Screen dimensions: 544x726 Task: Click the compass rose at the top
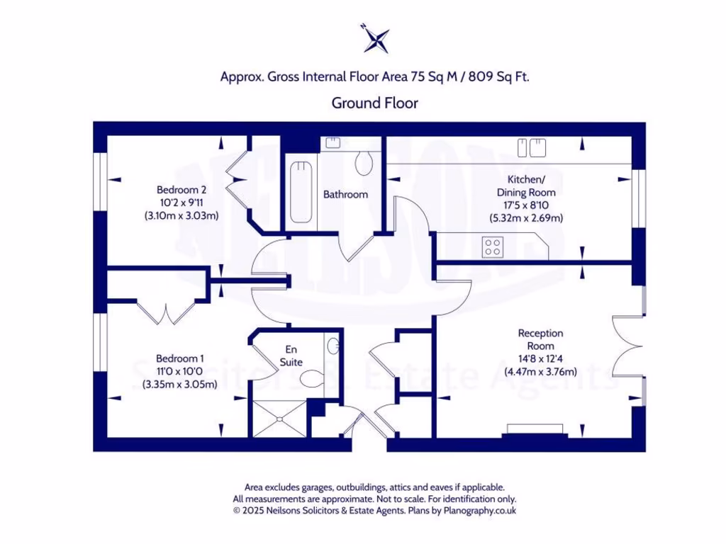coord(376,38)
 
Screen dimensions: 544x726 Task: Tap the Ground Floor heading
coord(375,103)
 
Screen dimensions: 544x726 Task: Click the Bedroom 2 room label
coord(181,190)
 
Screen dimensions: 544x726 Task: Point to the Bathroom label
coord(345,194)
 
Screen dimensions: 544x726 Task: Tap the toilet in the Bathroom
coord(364,163)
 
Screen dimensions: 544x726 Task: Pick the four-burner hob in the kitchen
coord(493,247)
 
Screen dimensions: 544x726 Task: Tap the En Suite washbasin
coord(333,347)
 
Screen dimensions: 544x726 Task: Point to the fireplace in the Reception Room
coord(536,430)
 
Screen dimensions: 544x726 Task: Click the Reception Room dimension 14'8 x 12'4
coord(540,358)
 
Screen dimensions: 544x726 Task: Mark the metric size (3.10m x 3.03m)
coord(181,215)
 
